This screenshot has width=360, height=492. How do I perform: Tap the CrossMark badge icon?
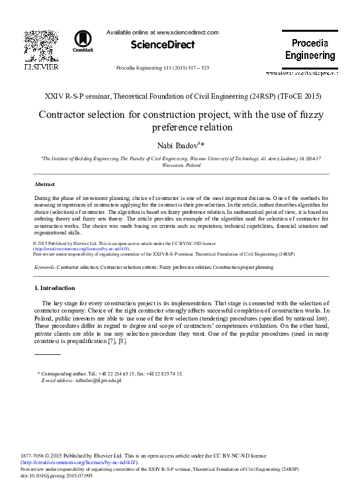pyautogui.click(x=83, y=42)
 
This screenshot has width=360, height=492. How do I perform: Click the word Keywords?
pyautogui.click(x=45, y=266)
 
